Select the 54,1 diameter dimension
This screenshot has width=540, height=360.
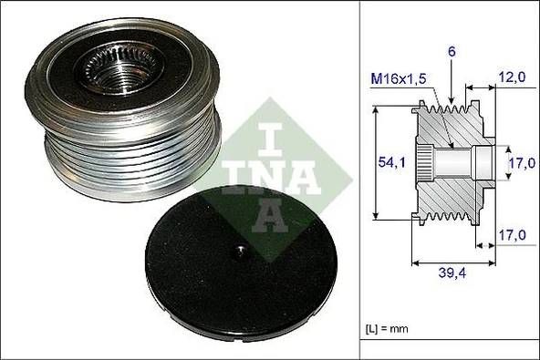pyautogui.click(x=393, y=162)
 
